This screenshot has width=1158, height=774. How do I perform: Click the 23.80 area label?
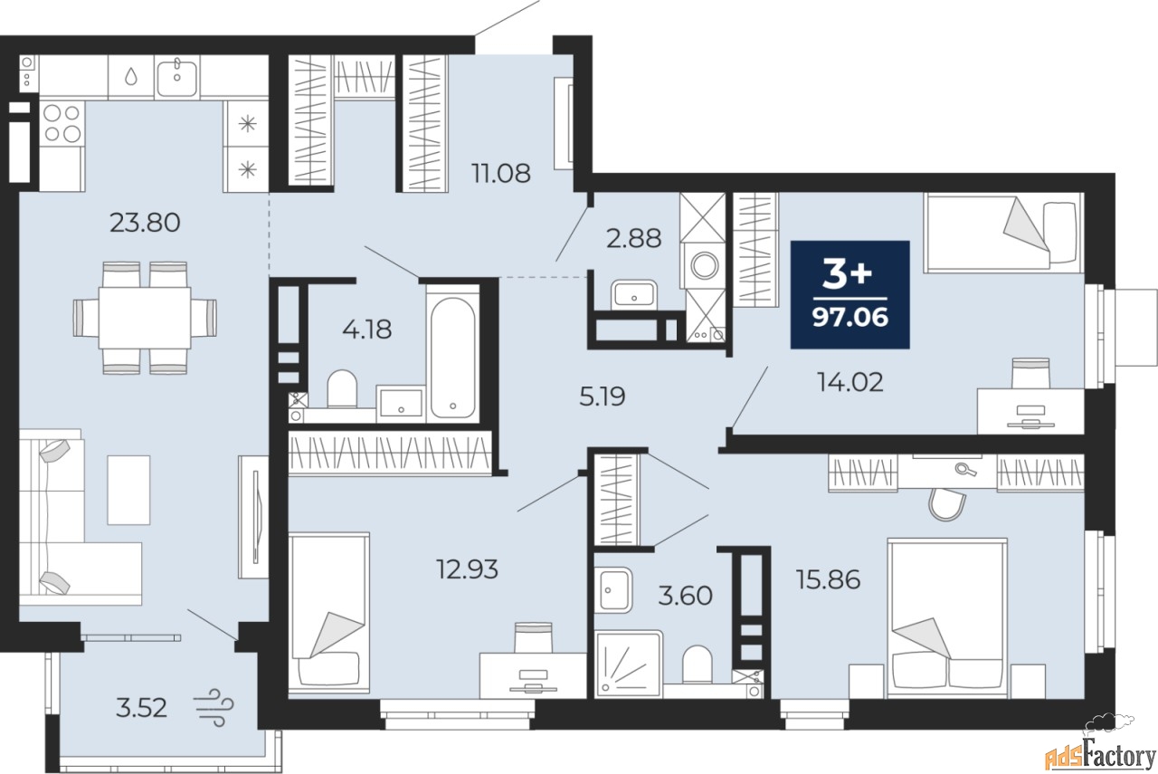(x=145, y=223)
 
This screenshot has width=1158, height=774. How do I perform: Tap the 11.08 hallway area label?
(x=501, y=173)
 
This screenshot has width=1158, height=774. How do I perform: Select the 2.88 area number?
(x=633, y=238)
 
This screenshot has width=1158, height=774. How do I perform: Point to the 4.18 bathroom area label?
(x=367, y=329)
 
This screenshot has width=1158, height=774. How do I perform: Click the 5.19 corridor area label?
(x=603, y=397)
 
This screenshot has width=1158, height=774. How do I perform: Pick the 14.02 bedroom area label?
(x=850, y=383)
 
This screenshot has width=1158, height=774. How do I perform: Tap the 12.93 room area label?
(x=468, y=569)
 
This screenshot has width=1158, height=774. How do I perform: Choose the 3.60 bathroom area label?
(x=685, y=596)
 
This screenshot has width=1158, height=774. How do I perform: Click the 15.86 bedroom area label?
(x=828, y=580)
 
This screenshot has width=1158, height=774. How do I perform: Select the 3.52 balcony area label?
(x=141, y=708)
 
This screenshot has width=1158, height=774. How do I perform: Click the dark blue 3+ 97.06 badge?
(x=850, y=294)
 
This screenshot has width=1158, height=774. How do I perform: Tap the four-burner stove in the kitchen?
(x=62, y=123)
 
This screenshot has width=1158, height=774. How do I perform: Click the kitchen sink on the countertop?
(x=176, y=77)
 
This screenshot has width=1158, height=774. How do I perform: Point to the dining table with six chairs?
(x=145, y=318)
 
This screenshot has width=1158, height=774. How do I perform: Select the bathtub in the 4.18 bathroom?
(x=453, y=357)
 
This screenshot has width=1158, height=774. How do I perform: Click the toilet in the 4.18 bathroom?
(x=342, y=388)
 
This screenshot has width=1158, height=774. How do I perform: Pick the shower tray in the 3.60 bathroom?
(x=629, y=664)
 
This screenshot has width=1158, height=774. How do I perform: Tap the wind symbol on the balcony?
(x=214, y=707)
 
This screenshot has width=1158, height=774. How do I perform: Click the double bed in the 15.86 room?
(x=947, y=617)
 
